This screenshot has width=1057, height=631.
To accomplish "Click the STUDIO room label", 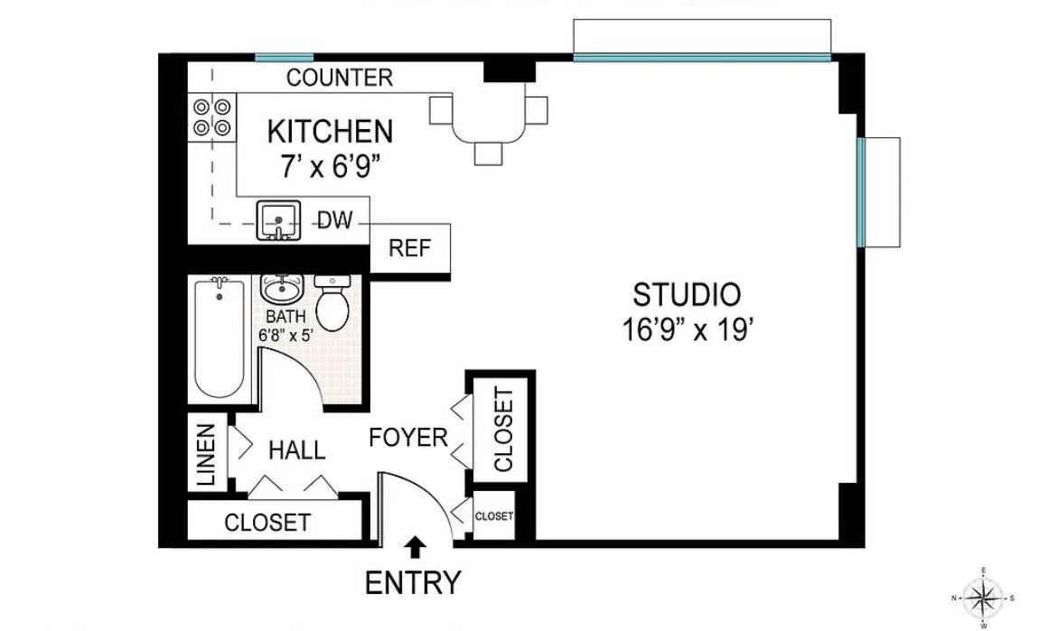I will (687, 295).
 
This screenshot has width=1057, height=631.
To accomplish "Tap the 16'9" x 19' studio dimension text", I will (687, 329).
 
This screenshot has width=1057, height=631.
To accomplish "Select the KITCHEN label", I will (330, 132).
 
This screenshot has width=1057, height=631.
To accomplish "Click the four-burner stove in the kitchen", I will (210, 116).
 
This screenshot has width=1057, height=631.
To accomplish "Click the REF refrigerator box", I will (409, 248).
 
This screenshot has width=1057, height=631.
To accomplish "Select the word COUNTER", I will (340, 78).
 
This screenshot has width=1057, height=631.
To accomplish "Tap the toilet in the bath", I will (332, 302).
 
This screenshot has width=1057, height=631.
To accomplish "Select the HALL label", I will (297, 449).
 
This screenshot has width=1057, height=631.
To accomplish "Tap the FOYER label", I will (408, 438).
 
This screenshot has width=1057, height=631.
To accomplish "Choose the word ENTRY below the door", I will (413, 583).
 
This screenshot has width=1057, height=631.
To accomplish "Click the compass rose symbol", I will (983, 597).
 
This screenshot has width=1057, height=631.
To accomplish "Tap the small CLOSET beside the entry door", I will (494, 516).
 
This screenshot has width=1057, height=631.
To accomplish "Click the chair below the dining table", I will (488, 153).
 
